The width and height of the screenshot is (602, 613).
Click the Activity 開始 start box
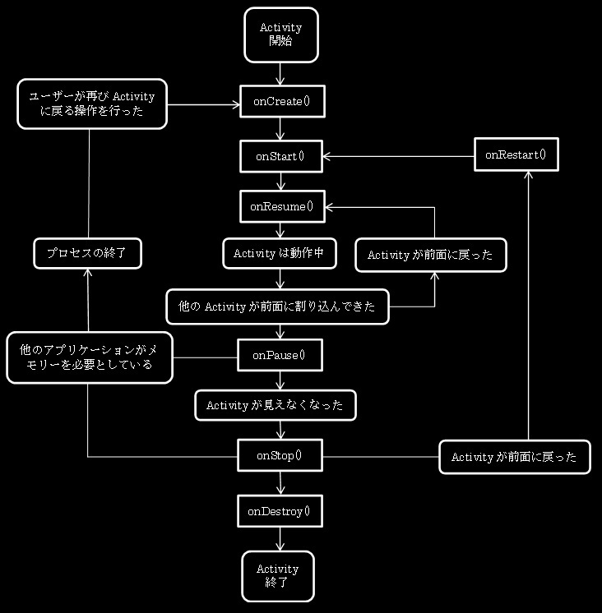pyautogui.click(x=280, y=35)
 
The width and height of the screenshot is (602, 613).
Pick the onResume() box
pyautogui.click(x=281, y=206)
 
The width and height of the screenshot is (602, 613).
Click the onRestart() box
pyautogui.click(x=516, y=154)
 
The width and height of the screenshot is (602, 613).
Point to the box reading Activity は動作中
pyautogui.click(x=280, y=254)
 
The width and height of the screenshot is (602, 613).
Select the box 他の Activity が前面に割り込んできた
pyautogui.click(x=277, y=306)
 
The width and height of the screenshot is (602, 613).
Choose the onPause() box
pyautogui.click(x=279, y=355)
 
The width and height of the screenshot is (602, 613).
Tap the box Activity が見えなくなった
pyautogui.click(x=275, y=405)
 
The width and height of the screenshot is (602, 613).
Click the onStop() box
pyautogui.click(x=279, y=455)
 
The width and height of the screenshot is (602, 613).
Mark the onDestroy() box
pyautogui.click(x=279, y=512)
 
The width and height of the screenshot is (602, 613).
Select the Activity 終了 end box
pyautogui.click(x=277, y=575)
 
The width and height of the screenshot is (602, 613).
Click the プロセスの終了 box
pyautogui.click(x=87, y=254)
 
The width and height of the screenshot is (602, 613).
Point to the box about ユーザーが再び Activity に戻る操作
pyautogui.click(x=92, y=104)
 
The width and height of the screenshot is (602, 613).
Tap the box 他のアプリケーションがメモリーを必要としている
pyautogui.click(x=90, y=357)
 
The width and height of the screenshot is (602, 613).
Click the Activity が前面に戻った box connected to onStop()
pyautogui.click(x=514, y=457)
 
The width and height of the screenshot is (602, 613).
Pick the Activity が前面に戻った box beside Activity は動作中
pyautogui.click(x=430, y=255)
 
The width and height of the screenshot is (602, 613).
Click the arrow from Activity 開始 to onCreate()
pyautogui.click(x=281, y=74)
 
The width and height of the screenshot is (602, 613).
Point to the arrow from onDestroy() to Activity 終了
pyautogui.click(x=280, y=539)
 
